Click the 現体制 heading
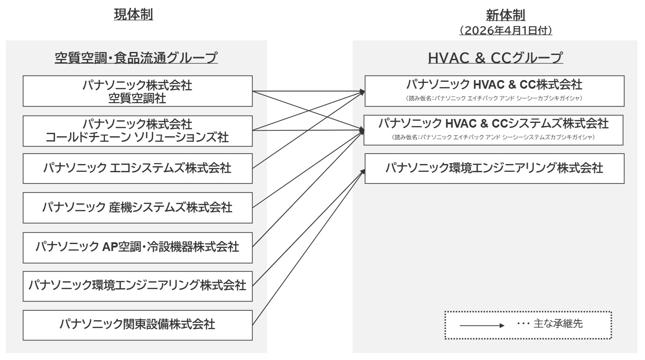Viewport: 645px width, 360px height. click(133, 14)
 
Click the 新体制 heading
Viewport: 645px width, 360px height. click(505, 16)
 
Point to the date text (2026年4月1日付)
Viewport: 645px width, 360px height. click(505, 31)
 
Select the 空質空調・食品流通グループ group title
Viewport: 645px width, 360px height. click(136, 58)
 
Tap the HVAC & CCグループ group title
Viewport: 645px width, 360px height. click(495, 58)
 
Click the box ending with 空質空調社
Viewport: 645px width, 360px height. click(138, 91)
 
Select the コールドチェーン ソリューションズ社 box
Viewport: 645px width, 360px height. click(138, 131)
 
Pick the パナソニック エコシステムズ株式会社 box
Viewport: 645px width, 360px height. click(138, 168)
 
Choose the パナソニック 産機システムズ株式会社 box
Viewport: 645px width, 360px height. click(138, 208)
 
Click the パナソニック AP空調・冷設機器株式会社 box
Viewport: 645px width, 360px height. click(138, 247)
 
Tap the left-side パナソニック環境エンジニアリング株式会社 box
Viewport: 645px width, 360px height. click(138, 286)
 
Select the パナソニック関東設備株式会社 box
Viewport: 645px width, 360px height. click(138, 325)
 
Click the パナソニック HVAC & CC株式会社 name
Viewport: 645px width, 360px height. click(494, 84)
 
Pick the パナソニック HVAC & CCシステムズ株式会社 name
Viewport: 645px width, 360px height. click(493, 124)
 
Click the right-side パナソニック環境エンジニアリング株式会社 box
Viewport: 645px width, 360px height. click(494, 168)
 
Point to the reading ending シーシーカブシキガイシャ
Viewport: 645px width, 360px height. click(494, 98)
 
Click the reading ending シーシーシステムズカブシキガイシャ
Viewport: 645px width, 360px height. click(493, 138)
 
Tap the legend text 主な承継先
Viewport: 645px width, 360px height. click(558, 324)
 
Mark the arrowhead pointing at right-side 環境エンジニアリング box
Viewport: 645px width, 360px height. click(363, 170)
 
